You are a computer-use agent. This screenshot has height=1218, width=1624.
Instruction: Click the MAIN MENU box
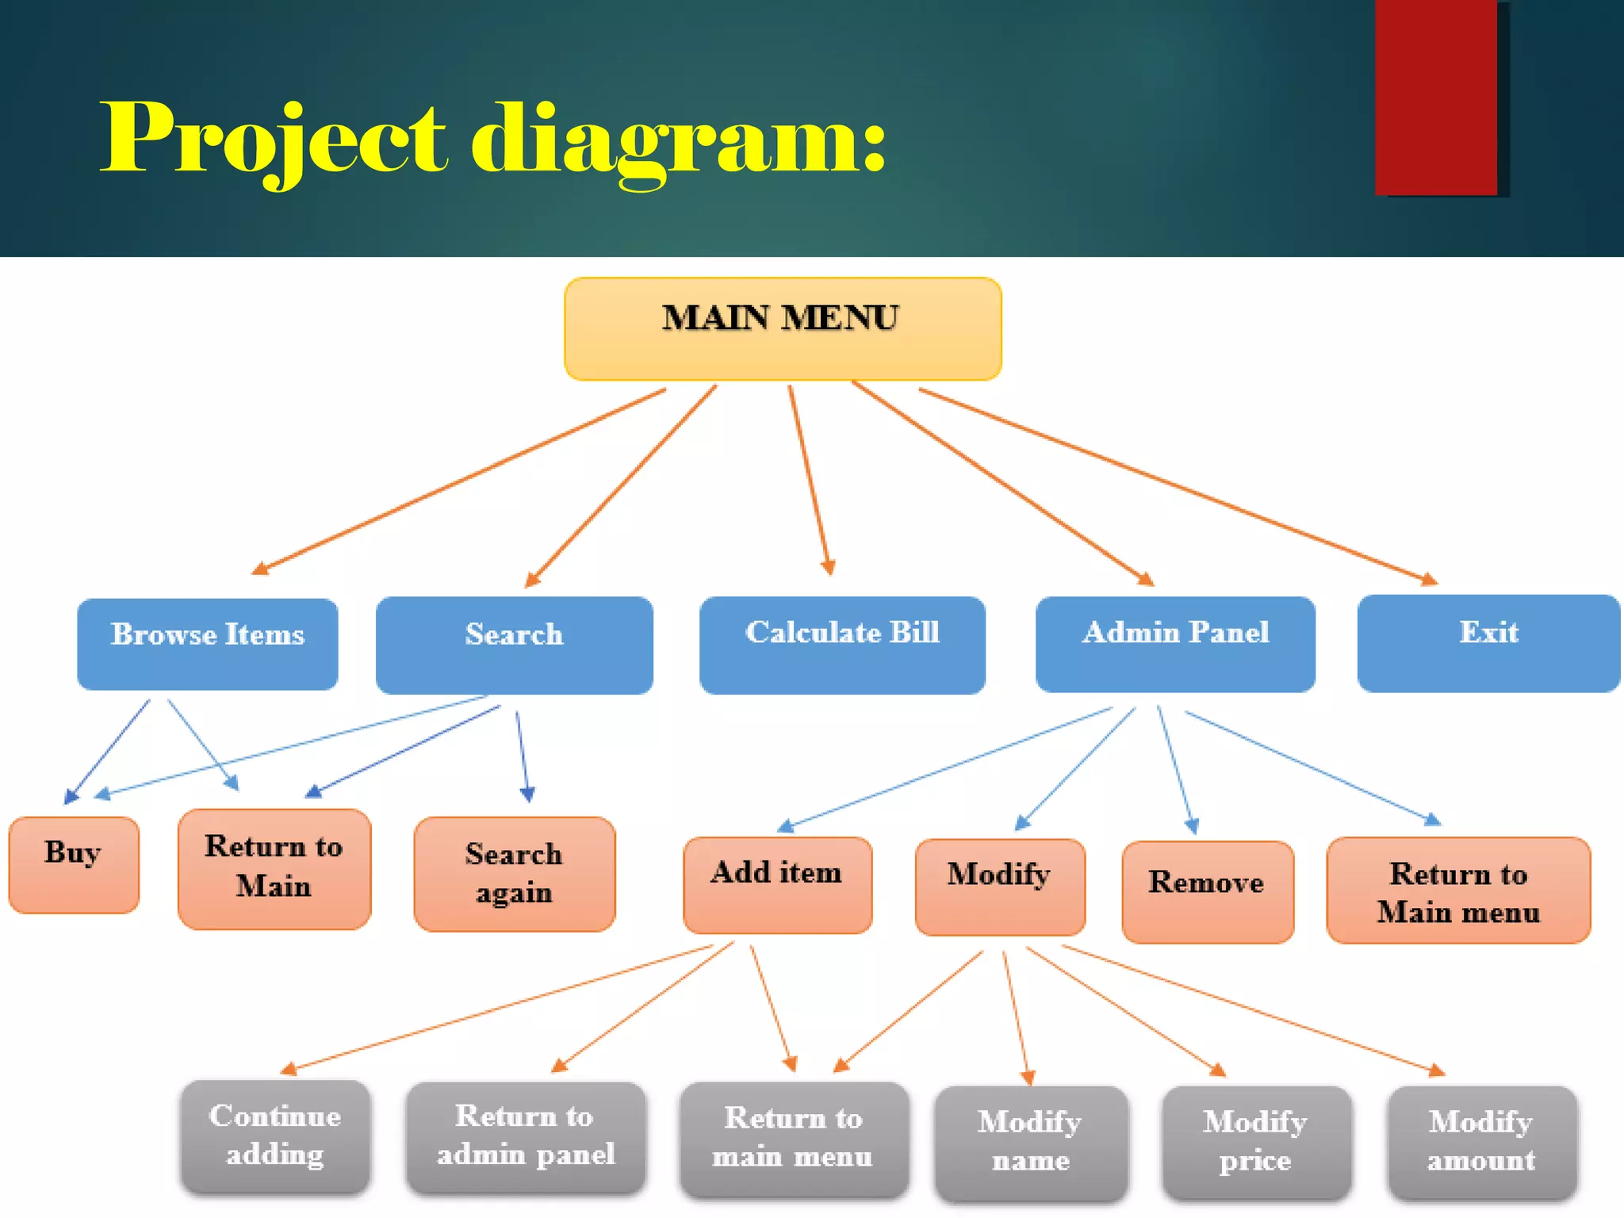coord(783,328)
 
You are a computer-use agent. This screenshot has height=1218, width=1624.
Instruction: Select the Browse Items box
coord(208,644)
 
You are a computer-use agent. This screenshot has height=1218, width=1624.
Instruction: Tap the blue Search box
coord(514,645)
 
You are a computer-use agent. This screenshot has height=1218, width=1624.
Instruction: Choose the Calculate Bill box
coord(842,645)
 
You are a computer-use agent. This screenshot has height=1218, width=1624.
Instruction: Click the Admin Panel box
coord(1175,644)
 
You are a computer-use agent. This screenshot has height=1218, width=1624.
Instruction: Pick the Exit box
coord(1488,643)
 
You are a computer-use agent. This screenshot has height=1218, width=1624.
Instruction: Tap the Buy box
coord(74,864)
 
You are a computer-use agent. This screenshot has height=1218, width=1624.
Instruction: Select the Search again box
coord(515,874)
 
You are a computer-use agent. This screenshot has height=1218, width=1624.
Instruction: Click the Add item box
coord(777,885)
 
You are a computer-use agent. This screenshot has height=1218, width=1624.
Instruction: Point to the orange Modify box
coord(1000,887)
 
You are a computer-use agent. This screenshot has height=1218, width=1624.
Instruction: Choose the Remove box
coord(1207,892)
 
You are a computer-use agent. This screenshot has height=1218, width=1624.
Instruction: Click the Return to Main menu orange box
coord(1457,891)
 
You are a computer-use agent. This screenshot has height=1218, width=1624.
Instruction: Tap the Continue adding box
coord(275,1136)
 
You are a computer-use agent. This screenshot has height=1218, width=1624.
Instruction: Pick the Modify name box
coord(1031,1143)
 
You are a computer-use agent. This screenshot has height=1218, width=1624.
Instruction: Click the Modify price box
coord(1256,1143)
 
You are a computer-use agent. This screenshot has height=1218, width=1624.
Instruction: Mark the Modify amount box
coord(1481,1143)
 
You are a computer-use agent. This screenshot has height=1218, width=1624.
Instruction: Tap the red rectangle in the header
coord(1436,98)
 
